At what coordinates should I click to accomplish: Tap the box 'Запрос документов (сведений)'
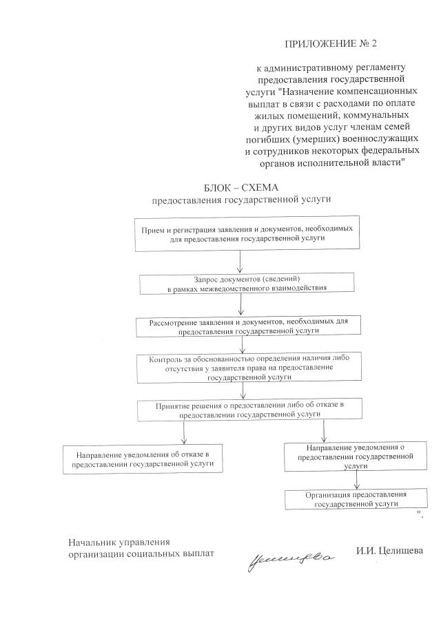pyautogui.click(x=247, y=283)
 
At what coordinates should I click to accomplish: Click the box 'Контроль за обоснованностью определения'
pyautogui.click(x=241, y=368)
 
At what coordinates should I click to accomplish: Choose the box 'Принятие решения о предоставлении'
pyautogui.click(x=249, y=410)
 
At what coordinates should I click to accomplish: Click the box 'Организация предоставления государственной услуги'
pyautogui.click(x=356, y=499)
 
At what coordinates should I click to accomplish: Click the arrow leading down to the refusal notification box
pyautogui.click(x=184, y=433)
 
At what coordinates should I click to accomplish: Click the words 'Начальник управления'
pyautogui.click(x=119, y=541)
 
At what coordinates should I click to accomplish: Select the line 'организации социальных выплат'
pyautogui.click(x=141, y=553)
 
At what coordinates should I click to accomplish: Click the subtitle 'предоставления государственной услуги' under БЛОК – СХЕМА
pyautogui.click(x=241, y=200)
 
